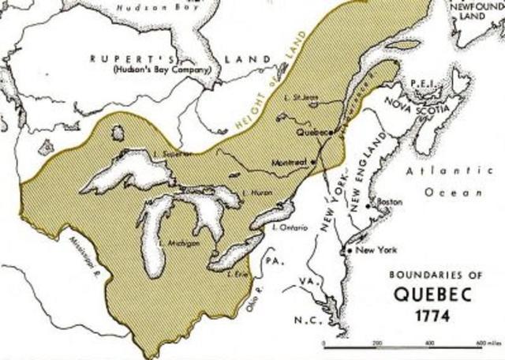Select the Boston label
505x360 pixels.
tap(388, 202)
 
